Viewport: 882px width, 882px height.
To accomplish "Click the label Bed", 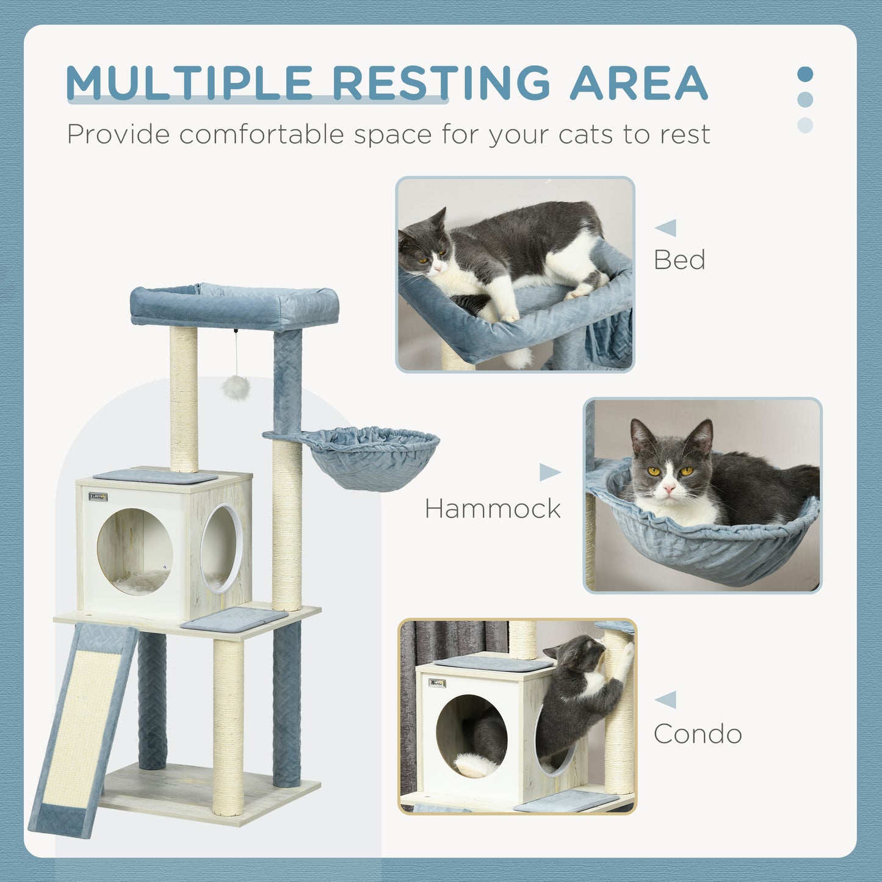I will point(679,260).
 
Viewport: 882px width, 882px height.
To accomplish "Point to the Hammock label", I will point(493,509).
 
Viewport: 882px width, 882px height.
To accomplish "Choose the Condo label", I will point(698,734).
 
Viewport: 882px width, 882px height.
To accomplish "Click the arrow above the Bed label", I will point(667,228).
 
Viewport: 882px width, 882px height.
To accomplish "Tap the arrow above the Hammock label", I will point(549,472).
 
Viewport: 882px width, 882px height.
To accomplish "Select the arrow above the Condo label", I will point(667,699).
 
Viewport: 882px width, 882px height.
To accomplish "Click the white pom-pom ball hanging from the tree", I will point(236,387).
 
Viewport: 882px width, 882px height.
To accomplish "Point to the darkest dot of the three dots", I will point(805,74).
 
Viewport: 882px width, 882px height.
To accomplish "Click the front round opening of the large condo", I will point(135,551).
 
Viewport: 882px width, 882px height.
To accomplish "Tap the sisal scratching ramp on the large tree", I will point(82,726).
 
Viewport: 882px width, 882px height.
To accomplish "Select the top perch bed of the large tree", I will point(234,306).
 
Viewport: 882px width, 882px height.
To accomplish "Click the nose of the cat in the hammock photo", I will point(669,489).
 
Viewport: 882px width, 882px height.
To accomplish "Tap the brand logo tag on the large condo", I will point(98,497).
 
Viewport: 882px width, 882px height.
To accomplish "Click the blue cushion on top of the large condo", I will point(155,476).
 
